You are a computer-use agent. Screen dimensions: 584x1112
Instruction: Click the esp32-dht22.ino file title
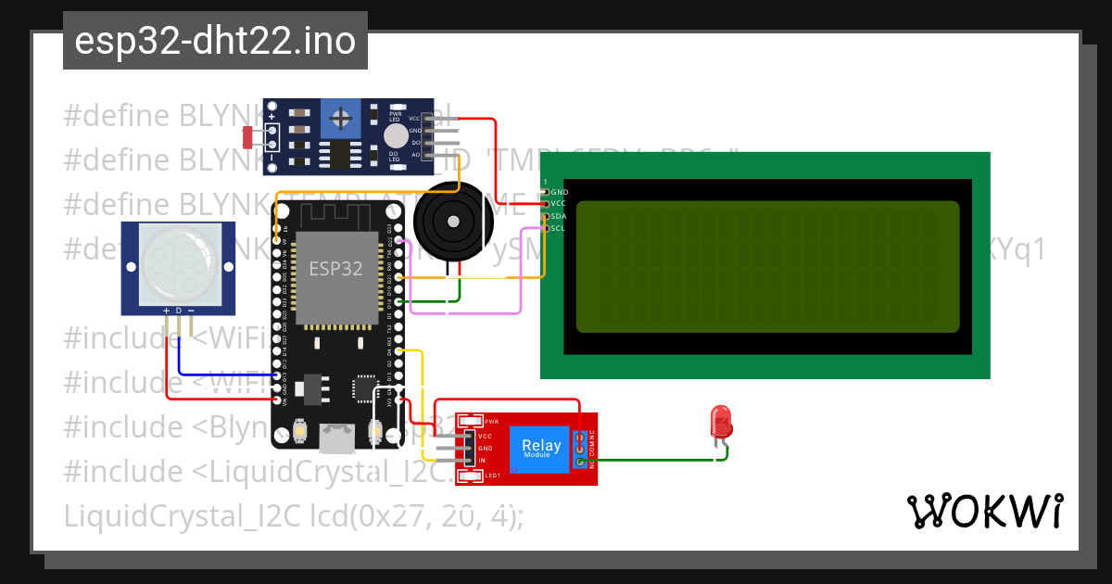[215, 42]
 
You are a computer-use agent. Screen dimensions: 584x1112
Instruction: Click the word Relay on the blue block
[541, 445]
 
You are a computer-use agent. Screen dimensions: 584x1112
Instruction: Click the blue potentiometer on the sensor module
[342, 119]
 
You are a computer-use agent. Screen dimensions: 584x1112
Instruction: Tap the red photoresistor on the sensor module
[247, 137]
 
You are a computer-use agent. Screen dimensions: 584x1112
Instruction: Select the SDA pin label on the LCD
[559, 216]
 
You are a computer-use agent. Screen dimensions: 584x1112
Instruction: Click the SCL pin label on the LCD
[559, 228]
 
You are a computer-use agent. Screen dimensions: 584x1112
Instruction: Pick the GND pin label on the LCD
[559, 192]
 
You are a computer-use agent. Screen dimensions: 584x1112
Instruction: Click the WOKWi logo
[983, 511]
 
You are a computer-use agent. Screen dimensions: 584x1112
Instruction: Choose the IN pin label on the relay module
[483, 460]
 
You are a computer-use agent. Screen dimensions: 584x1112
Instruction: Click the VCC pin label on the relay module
[485, 435]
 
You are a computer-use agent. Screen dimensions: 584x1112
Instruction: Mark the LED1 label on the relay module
[492, 476]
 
